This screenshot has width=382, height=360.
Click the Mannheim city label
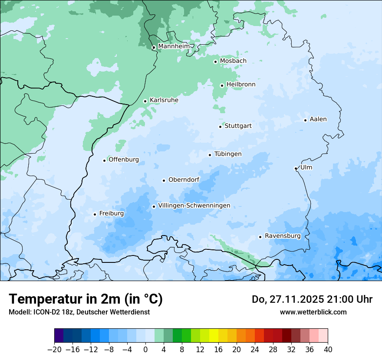(173, 46)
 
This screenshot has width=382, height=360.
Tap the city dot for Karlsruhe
(145, 101)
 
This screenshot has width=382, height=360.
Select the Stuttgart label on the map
(238, 126)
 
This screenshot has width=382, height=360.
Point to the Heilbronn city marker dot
(222, 85)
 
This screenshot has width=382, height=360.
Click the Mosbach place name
(233, 61)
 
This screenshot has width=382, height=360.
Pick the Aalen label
(318, 119)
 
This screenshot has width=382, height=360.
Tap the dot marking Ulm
(296, 168)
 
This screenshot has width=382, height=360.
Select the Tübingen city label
(228, 154)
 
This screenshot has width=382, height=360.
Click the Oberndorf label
(184, 180)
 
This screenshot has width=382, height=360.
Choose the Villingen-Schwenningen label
(194, 206)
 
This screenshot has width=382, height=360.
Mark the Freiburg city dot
(95, 214)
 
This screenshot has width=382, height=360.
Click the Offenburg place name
(124, 160)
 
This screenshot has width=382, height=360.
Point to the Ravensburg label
(283, 236)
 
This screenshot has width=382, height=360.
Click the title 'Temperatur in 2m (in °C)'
(86, 299)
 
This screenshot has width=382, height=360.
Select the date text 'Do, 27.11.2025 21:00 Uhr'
(312, 299)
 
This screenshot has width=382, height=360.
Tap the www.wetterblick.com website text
(313, 312)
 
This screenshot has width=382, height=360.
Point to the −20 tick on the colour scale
(55, 350)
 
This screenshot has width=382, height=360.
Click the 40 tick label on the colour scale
(328, 350)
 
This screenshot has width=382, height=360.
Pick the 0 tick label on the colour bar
(145, 350)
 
